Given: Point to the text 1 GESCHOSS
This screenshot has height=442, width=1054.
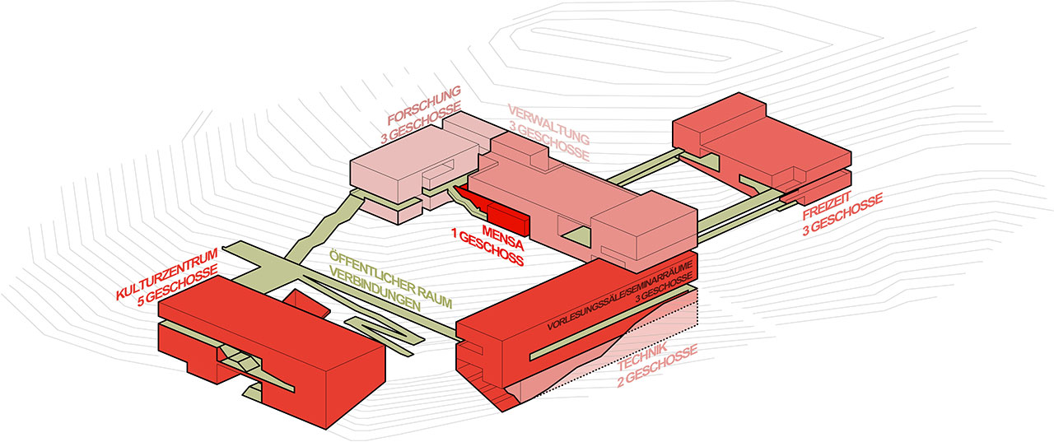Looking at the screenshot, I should click(487, 249).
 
